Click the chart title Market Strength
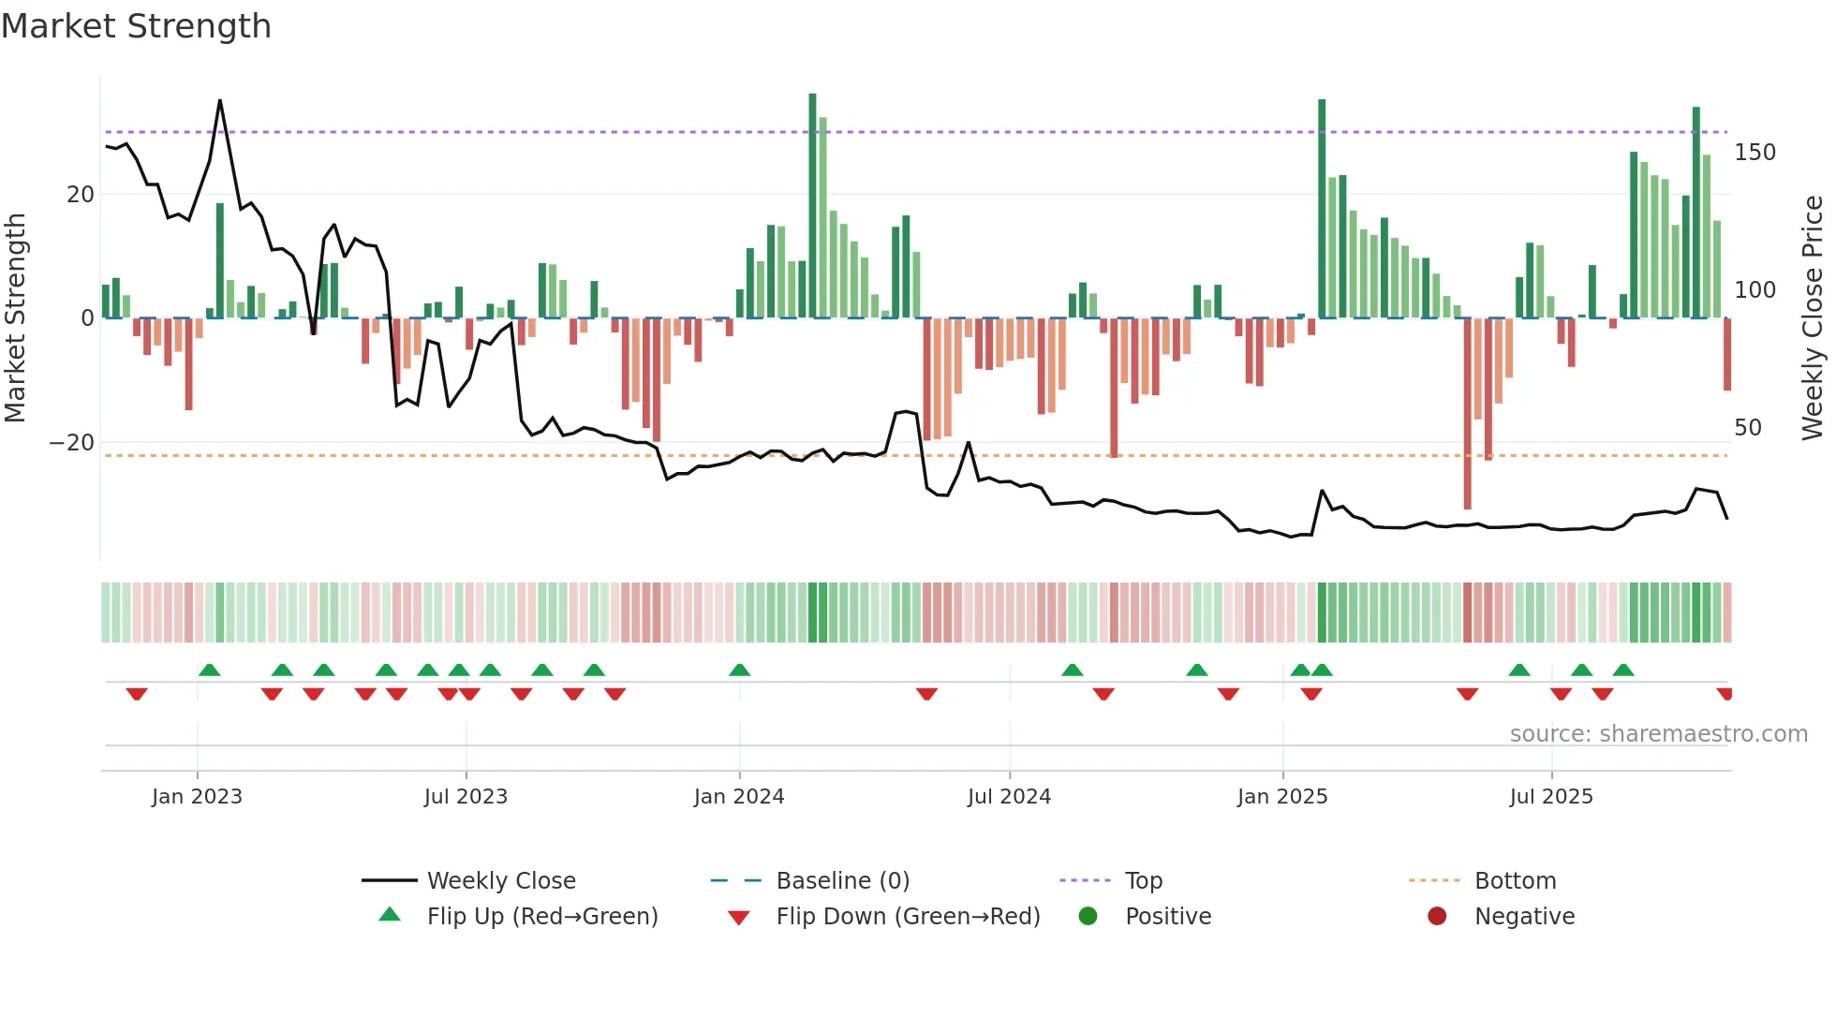pos(136,26)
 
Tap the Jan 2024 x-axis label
pos(739,797)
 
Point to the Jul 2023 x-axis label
pos(466,797)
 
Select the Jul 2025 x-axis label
pos(1551,797)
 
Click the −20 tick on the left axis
pos(72,443)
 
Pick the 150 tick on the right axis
pos(1755,153)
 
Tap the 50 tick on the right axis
pos(1748,428)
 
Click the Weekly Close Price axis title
pos(1814,318)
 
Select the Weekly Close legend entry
pos(500,881)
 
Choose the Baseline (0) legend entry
pos(842,881)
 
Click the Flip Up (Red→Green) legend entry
pos(541,917)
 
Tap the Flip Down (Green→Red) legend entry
pos(907,917)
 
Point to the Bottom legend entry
pos(1515,881)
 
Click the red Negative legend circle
pos(1437,917)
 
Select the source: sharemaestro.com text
pos(1658,734)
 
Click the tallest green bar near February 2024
pos(813,206)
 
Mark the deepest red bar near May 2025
pos(1467,412)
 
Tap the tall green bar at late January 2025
pos(1322,208)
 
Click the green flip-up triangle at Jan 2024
pos(740,671)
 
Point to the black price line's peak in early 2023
pos(220,101)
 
